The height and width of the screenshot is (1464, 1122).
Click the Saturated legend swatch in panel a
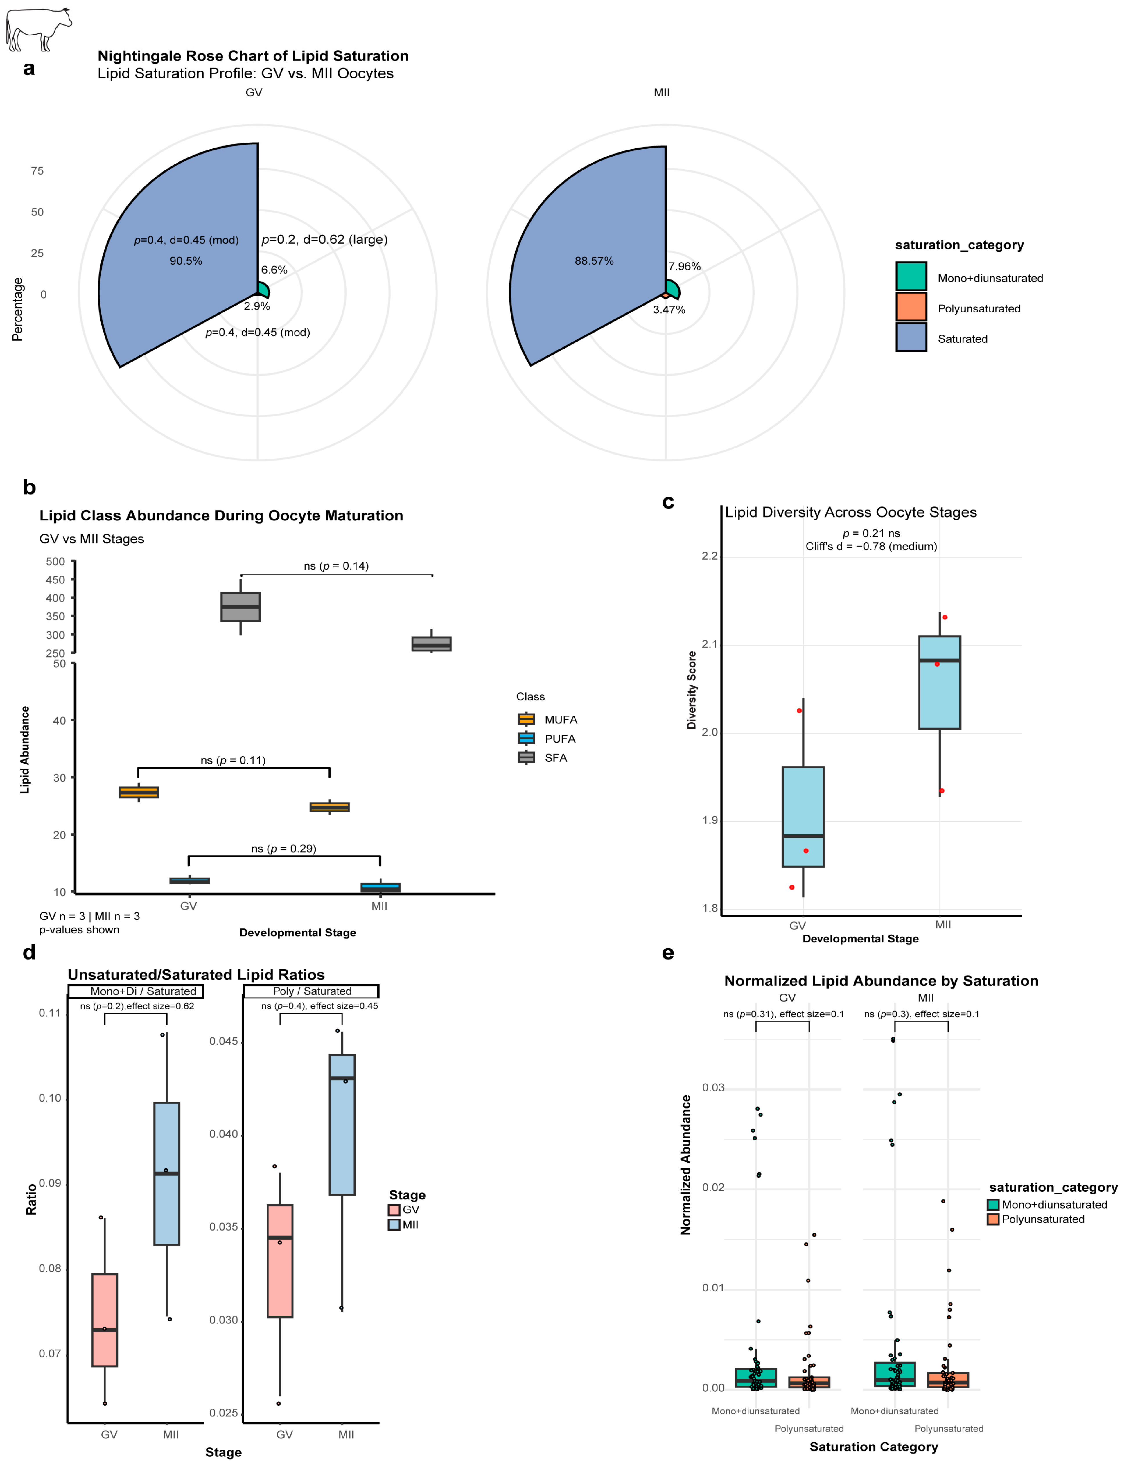pos(911,337)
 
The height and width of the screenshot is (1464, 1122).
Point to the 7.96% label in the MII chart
pos(685,267)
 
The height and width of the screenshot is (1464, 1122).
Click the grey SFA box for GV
pos(240,606)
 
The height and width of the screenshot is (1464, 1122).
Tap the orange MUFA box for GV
pos(139,792)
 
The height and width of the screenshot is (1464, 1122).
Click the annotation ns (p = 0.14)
pos(336,566)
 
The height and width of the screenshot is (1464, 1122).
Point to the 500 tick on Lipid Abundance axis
pos(55,562)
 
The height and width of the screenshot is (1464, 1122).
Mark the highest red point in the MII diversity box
pos(944,617)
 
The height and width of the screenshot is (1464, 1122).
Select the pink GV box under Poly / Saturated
pos(280,1260)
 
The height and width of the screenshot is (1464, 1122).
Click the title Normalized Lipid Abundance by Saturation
pos(881,980)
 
